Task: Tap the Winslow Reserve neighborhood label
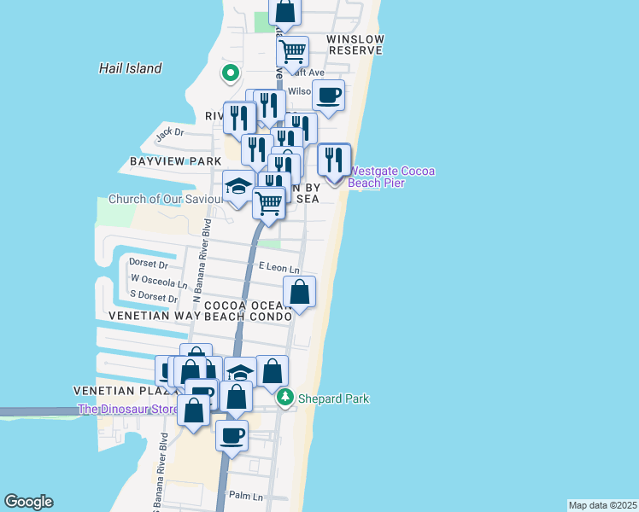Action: click(x=355, y=45)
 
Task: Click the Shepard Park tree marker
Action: click(x=285, y=398)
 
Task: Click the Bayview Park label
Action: click(x=175, y=161)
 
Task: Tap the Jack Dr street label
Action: click(x=170, y=133)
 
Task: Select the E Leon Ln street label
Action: click(x=279, y=267)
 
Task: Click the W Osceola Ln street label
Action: click(x=158, y=282)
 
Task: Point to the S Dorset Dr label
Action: click(x=154, y=298)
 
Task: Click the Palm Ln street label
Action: click(x=246, y=496)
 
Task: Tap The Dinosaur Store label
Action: click(x=128, y=410)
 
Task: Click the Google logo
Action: click(x=28, y=502)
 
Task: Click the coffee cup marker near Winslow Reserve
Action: click(x=328, y=95)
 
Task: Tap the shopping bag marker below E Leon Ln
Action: click(x=300, y=292)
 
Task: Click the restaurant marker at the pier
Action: click(x=334, y=160)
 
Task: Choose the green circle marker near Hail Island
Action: click(x=230, y=74)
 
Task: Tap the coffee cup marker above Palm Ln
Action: click(x=232, y=435)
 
